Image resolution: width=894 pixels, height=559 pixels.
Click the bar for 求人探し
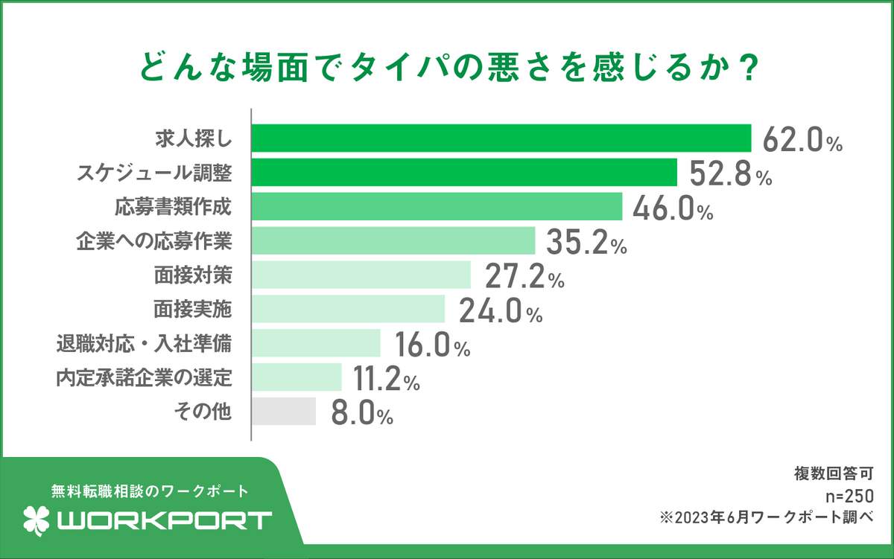501,138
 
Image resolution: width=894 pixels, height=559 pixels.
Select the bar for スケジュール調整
464,172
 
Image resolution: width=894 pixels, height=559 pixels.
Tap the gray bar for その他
284,412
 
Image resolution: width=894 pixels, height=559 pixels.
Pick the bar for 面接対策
361,275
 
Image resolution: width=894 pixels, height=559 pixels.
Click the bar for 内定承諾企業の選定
297,377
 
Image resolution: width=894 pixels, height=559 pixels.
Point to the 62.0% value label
802,141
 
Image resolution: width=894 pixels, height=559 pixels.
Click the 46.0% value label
672,209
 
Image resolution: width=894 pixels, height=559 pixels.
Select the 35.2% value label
586,243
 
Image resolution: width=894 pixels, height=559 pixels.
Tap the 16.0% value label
431,346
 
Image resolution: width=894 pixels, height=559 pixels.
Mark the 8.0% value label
361,414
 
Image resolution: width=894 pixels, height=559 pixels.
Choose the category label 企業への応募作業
154,240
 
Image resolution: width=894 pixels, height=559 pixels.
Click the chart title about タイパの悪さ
446,68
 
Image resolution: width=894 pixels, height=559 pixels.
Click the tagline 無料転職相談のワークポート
149,491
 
